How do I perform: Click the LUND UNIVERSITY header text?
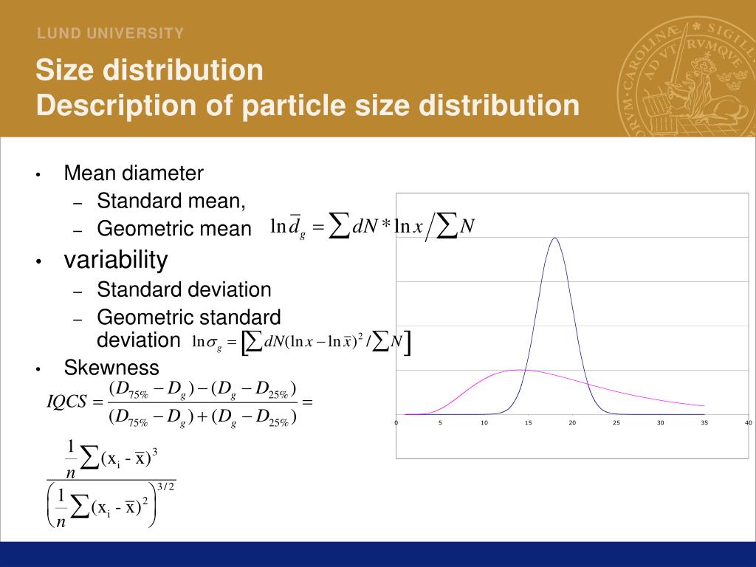pyautogui.click(x=111, y=33)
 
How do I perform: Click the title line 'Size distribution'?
pyautogui.click(x=150, y=71)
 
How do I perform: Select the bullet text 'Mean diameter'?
pyautogui.click(x=134, y=173)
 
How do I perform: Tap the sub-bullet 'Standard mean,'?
pyautogui.click(x=171, y=201)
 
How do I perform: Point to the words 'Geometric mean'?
pyautogui.click(x=174, y=229)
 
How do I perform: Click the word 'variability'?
pyautogui.click(x=116, y=260)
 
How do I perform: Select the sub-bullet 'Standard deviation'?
pyautogui.click(x=184, y=289)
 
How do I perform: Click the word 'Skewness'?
pyautogui.click(x=111, y=368)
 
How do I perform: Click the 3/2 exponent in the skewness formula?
pyautogui.click(x=165, y=485)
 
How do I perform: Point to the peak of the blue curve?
pyautogui.click(x=554, y=238)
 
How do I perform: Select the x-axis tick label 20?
pyautogui.click(x=572, y=423)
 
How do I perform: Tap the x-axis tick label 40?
pyautogui.click(x=748, y=423)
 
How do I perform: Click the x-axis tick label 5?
pyautogui.click(x=440, y=423)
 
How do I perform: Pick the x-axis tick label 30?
pyautogui.click(x=660, y=423)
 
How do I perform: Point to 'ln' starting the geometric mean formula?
pyautogui.click(x=278, y=226)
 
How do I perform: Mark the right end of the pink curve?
pyautogui.click(x=704, y=405)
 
